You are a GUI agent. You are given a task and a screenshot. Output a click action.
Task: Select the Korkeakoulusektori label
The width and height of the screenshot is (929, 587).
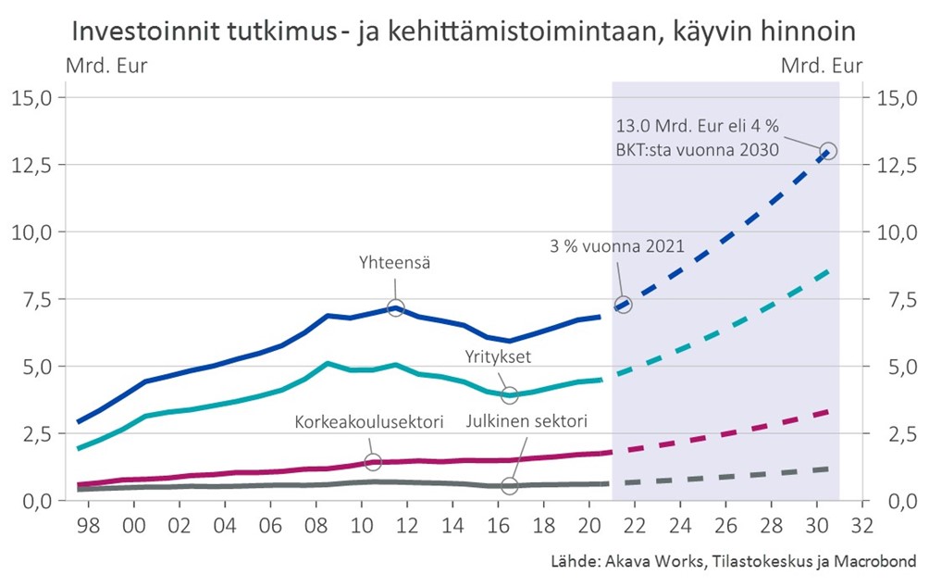tap(369, 422)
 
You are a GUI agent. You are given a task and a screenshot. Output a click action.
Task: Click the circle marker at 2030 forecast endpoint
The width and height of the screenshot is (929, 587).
tap(828, 150)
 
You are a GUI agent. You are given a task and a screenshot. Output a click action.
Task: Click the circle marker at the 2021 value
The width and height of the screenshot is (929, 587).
tap(623, 305)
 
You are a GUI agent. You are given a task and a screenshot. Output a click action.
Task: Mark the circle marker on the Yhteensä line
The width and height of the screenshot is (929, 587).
tap(395, 307)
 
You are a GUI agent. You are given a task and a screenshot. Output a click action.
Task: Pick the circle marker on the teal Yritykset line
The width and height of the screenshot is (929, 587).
tap(509, 395)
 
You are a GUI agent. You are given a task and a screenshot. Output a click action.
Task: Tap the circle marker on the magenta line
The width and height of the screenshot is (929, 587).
tap(373, 462)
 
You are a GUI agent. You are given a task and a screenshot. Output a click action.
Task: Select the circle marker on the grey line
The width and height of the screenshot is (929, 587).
tap(509, 485)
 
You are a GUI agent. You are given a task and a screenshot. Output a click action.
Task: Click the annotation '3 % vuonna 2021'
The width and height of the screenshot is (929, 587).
tap(615, 246)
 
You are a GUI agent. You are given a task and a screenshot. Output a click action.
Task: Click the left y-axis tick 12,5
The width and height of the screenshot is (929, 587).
tap(35, 165)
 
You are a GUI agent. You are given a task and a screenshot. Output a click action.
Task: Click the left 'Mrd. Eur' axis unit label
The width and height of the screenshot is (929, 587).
tap(105, 66)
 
